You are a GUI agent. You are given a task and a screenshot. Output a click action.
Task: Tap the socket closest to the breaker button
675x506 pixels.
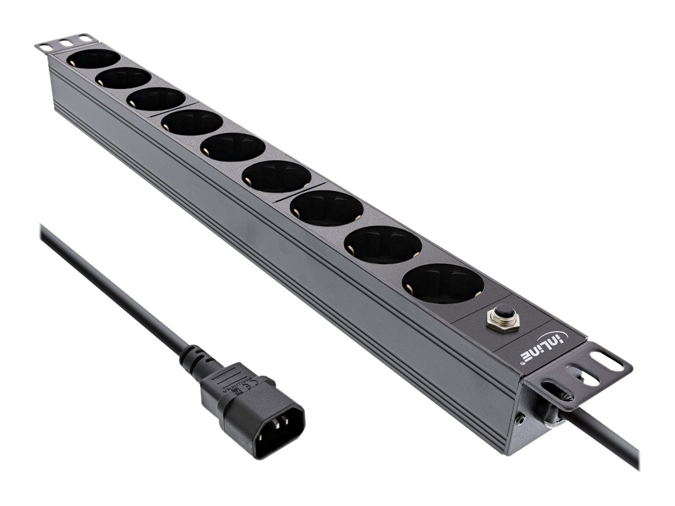pos(443,283)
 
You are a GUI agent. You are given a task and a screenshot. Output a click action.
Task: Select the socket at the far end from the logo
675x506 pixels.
pos(93,58)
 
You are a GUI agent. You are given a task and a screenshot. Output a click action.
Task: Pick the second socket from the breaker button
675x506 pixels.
pos(382,244)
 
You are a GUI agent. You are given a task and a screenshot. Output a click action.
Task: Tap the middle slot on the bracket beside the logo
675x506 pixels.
pos(575,373)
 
